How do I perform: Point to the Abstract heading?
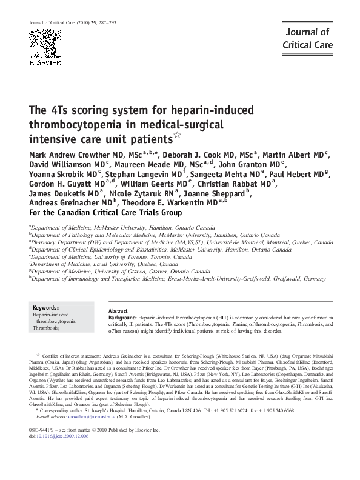tap(118, 310)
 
